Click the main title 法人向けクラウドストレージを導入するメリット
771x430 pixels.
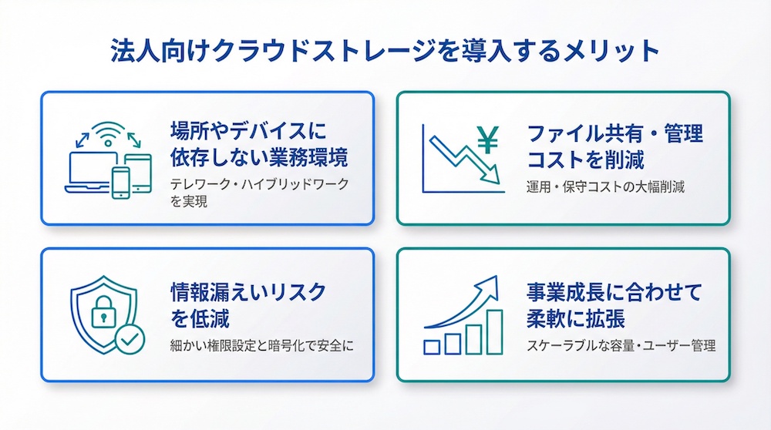tap(385, 52)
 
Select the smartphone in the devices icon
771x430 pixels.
tap(122, 182)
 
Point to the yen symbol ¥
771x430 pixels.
tap(488, 140)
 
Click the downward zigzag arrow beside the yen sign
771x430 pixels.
tap(458, 158)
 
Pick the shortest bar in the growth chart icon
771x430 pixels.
tap(432, 347)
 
